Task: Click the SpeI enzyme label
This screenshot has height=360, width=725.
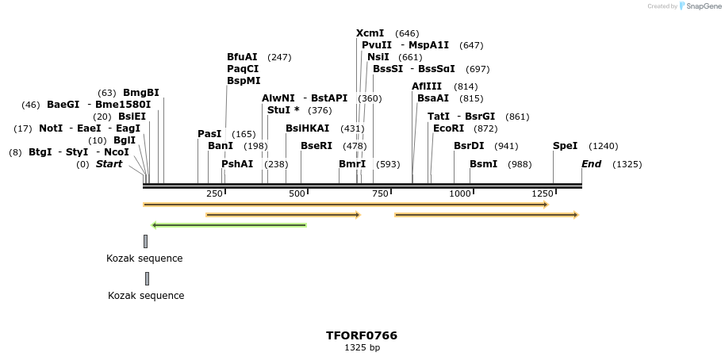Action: coord(565,146)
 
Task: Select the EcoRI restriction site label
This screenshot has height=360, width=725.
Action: coord(448,128)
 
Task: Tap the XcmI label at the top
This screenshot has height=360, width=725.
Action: coord(370,33)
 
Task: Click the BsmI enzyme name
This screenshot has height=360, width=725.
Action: coord(483,164)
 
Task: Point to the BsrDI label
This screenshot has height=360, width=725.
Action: coord(468,146)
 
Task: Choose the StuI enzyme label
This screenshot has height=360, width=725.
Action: coord(283,110)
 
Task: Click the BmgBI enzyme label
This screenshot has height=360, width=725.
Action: coord(140,93)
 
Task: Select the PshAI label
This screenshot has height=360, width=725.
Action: coord(237,164)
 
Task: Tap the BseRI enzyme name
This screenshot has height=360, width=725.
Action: coord(316,146)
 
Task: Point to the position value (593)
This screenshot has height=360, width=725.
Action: coord(388,164)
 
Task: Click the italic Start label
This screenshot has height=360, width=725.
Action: coord(109,164)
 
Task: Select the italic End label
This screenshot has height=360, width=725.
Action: coord(591,164)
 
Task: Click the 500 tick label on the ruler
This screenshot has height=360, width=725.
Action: coord(297,194)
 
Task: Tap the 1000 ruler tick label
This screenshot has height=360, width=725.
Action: coord(460,194)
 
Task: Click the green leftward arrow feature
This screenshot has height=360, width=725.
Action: coord(228,225)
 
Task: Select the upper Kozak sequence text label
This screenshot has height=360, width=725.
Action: coord(144,258)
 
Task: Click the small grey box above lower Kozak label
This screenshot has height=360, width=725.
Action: coord(147,278)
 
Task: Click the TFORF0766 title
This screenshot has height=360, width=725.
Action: coord(362,335)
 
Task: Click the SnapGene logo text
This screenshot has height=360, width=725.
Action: coord(704,6)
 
